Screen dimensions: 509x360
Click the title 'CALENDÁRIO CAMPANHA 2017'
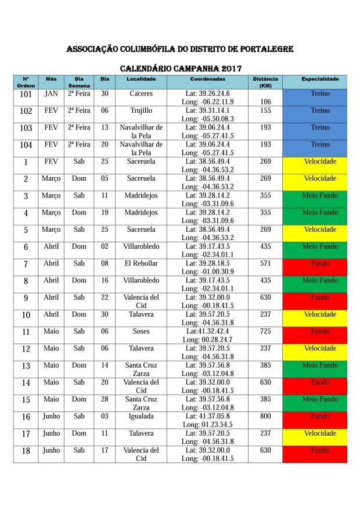(x=180, y=68)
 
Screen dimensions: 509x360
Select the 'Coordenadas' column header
(x=207, y=78)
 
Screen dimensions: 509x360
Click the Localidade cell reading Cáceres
(x=141, y=94)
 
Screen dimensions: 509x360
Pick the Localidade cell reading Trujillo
(x=141, y=110)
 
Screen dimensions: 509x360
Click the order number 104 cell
(x=26, y=145)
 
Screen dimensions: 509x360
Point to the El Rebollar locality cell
(x=141, y=263)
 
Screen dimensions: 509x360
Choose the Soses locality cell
(x=141, y=331)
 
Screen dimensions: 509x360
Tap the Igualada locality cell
(x=141, y=416)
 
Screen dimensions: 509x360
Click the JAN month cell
(x=51, y=94)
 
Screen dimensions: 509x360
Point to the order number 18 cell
(x=26, y=451)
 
